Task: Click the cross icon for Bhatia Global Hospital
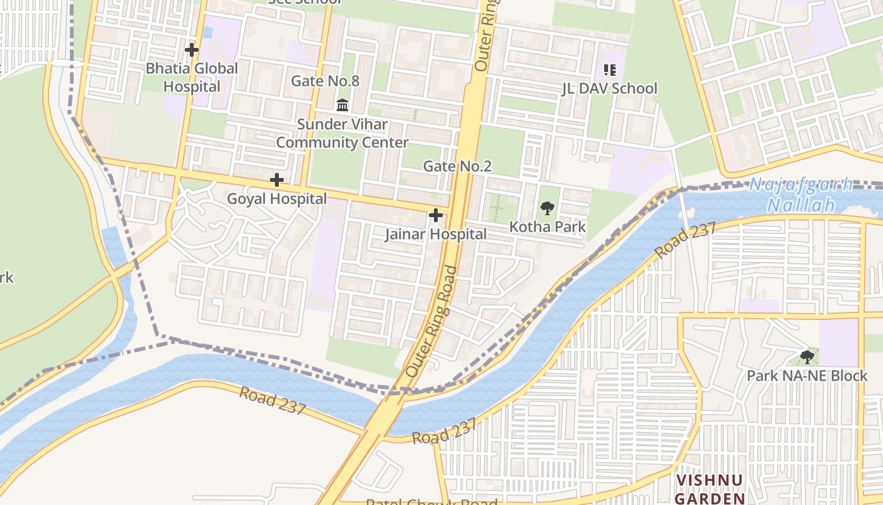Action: (192, 49)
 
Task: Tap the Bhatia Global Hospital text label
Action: (192, 77)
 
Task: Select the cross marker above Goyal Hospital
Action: (276, 180)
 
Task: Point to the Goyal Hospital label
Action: (277, 199)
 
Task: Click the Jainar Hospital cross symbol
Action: (435, 215)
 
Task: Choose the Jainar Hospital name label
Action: (436, 234)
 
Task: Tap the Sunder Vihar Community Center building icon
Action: (342, 105)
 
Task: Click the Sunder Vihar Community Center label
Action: (342, 133)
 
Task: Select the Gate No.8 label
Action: (325, 81)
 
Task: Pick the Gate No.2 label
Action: (457, 166)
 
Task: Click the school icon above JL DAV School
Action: (609, 69)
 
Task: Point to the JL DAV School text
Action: (609, 88)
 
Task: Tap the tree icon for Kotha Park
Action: (547, 208)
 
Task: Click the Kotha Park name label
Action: (547, 227)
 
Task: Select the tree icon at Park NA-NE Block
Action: (807, 357)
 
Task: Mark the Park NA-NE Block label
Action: (807, 376)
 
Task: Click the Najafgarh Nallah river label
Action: (801, 195)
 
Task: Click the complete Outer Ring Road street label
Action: (432, 322)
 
